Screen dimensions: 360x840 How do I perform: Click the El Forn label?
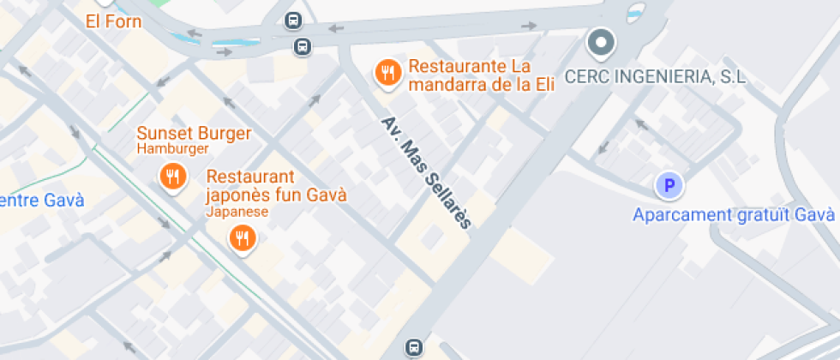coord(113,21)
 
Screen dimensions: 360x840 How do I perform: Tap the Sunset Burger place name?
coord(194,134)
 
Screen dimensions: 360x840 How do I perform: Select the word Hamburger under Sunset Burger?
coord(173,149)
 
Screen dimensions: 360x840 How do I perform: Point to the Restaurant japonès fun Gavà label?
coord(276,185)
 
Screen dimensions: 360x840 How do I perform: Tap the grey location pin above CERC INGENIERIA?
coord(601,41)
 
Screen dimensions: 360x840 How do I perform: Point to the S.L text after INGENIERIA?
coord(732,77)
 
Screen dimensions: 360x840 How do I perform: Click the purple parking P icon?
coord(669,184)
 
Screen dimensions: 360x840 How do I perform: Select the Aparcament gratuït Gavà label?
coord(734,214)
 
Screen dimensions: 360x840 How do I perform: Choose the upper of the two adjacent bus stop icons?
coord(293,21)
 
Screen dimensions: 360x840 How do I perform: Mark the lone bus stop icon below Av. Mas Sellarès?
coord(414,347)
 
